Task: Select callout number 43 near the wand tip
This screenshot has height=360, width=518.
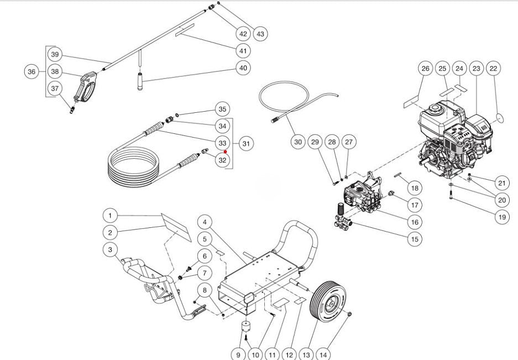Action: click(260, 34)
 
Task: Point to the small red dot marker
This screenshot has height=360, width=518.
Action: click(226, 150)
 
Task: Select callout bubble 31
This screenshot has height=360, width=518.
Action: click(246, 143)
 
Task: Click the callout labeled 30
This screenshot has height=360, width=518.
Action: click(298, 142)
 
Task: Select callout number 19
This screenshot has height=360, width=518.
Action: click(501, 217)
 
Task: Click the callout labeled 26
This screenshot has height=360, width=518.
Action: click(425, 69)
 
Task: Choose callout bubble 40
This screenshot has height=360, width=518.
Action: click(243, 68)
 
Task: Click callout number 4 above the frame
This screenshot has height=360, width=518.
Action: click(205, 222)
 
